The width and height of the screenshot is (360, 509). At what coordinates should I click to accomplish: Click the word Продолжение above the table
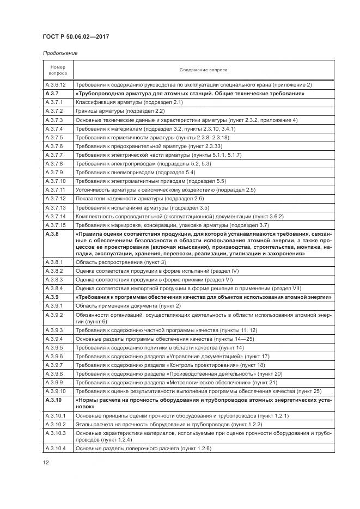coord(59,53)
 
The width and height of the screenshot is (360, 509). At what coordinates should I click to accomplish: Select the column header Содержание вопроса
coord(203,70)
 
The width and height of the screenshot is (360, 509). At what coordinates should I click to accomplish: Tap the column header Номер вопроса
coord(58,70)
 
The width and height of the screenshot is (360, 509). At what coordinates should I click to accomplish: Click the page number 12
coord(46,463)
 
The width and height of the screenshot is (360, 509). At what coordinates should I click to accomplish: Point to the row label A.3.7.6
coord(54,146)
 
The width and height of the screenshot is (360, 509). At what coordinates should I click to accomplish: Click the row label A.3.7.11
coord(55,189)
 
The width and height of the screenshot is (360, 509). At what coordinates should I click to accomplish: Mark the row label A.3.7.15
coord(55,225)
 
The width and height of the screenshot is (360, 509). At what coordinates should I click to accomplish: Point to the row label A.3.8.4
coord(54,288)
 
